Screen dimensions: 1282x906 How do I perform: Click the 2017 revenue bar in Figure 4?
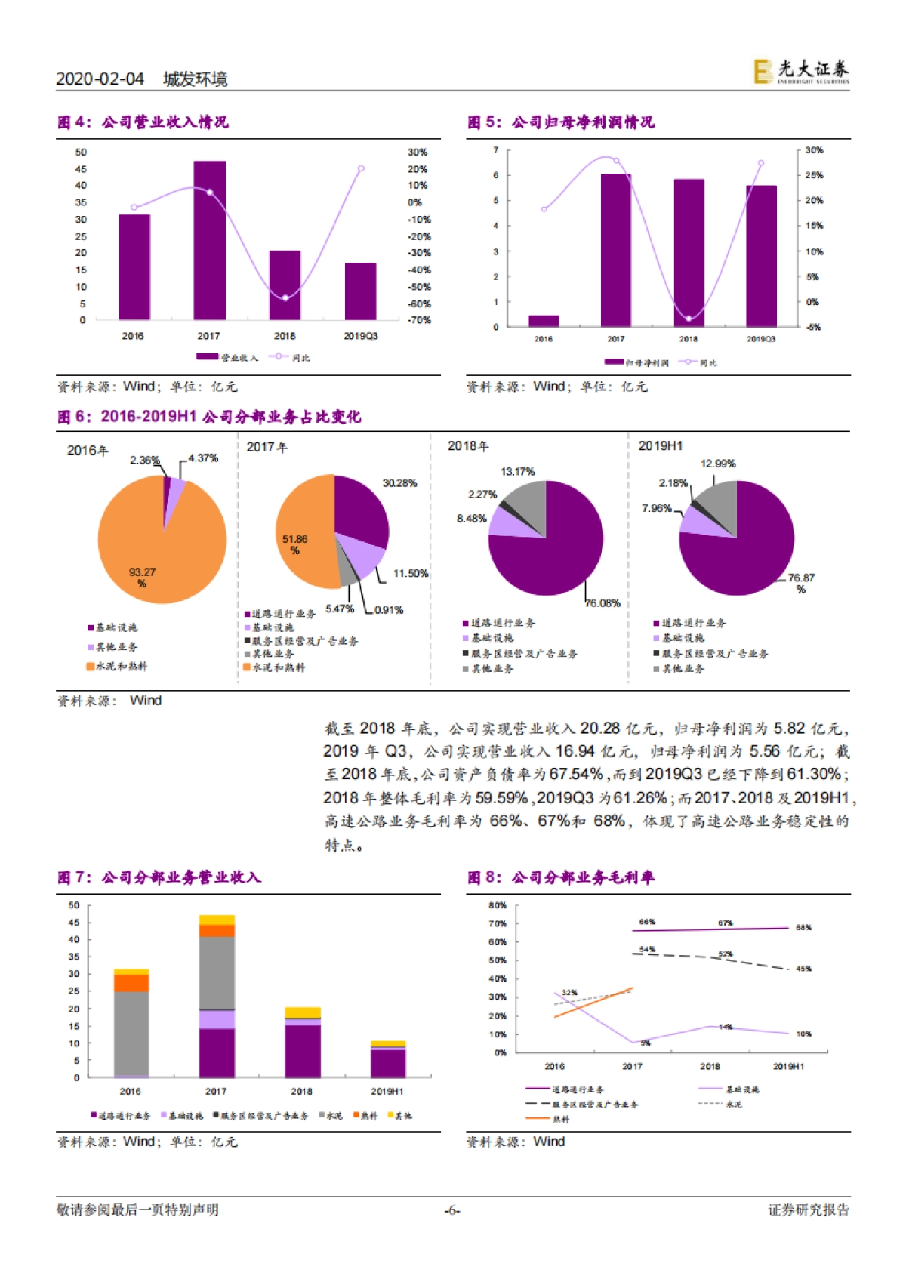tap(209, 240)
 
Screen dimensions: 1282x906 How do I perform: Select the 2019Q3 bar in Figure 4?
tap(360, 291)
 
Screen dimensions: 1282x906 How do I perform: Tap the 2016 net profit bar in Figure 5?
tap(543, 321)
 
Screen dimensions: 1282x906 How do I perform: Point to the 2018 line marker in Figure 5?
tap(688, 319)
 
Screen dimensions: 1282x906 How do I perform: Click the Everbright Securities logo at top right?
tap(801, 72)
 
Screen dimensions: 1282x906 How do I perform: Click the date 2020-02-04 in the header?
tap(100, 79)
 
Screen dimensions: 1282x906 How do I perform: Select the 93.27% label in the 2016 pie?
tap(142, 578)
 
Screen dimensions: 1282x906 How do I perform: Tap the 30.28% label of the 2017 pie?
tap(399, 483)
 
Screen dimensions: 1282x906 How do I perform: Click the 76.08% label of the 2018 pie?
tap(602, 603)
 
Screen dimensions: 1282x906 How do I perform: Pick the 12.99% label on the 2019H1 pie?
tap(717, 464)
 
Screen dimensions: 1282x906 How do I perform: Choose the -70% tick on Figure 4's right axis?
tap(419, 320)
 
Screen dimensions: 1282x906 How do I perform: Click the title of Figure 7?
tap(159, 877)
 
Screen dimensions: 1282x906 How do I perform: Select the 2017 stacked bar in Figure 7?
tap(217, 997)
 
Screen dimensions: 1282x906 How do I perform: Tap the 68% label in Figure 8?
tap(803, 928)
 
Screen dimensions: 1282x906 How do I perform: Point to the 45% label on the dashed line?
tap(803, 969)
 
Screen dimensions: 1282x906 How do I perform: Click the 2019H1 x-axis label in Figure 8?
tap(788, 1067)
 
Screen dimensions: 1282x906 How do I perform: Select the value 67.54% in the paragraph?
tap(576, 774)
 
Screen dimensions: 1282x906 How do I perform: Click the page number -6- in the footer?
tap(452, 1210)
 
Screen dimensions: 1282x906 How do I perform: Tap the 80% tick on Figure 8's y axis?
tap(497, 905)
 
